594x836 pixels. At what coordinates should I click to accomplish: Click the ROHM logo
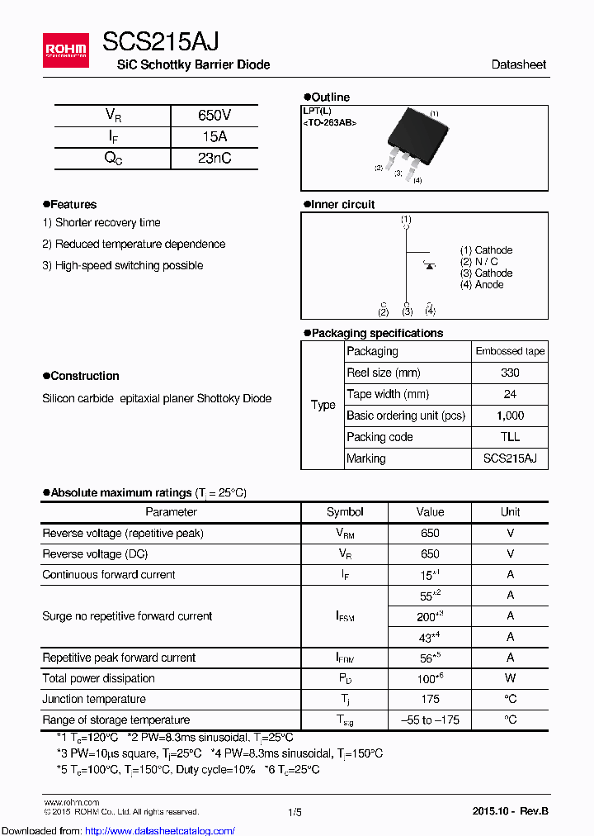click(66, 50)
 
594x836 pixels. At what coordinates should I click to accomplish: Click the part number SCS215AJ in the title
click(160, 41)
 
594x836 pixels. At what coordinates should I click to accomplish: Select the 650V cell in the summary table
click(214, 116)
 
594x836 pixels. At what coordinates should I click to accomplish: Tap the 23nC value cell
click(214, 159)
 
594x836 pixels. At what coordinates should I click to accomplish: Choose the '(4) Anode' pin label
click(482, 285)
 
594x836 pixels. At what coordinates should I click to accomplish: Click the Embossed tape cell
click(510, 351)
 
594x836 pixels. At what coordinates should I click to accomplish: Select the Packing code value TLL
click(510, 437)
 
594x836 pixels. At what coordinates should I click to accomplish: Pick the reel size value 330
click(510, 373)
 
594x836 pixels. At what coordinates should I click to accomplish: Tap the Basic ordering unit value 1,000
click(510, 416)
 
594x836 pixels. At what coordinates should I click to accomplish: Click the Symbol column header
click(345, 512)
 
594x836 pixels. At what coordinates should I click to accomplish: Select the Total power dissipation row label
click(99, 678)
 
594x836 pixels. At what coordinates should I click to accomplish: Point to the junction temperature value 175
click(430, 699)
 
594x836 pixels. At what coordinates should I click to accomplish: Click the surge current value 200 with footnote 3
click(430, 616)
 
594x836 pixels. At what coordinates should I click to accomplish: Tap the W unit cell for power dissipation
click(510, 678)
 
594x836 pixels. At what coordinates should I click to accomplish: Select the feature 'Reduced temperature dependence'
click(134, 245)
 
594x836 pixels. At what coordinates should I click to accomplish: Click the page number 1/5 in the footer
click(295, 812)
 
